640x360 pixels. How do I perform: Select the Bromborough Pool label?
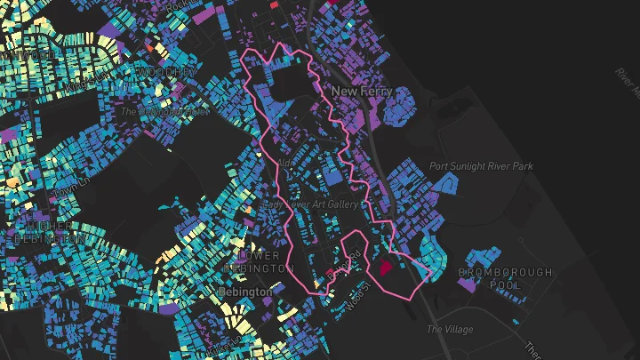pyautogui.click(x=505, y=278)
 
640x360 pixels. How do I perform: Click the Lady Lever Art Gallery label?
pyautogui.click(x=312, y=204)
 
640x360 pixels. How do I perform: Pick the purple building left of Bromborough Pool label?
pyautogui.click(x=465, y=286)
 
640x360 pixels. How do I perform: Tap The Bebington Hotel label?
pyautogui.click(x=164, y=112)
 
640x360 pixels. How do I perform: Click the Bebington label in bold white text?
pyautogui.click(x=245, y=292)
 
